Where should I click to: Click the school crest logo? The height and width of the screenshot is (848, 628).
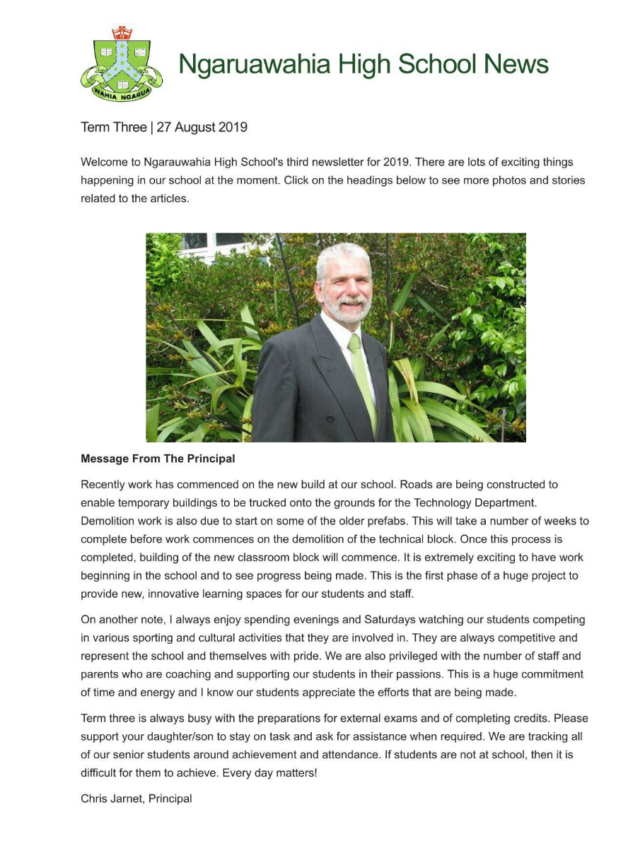coord(122,64)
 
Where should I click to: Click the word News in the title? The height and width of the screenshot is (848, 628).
coord(516,64)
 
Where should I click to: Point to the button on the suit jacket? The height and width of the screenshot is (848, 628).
coord(330,419)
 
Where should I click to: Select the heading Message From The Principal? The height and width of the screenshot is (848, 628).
coord(158,459)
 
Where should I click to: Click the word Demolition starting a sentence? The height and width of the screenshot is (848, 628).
coord(109,521)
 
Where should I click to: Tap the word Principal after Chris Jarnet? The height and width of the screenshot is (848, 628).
coord(170,799)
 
